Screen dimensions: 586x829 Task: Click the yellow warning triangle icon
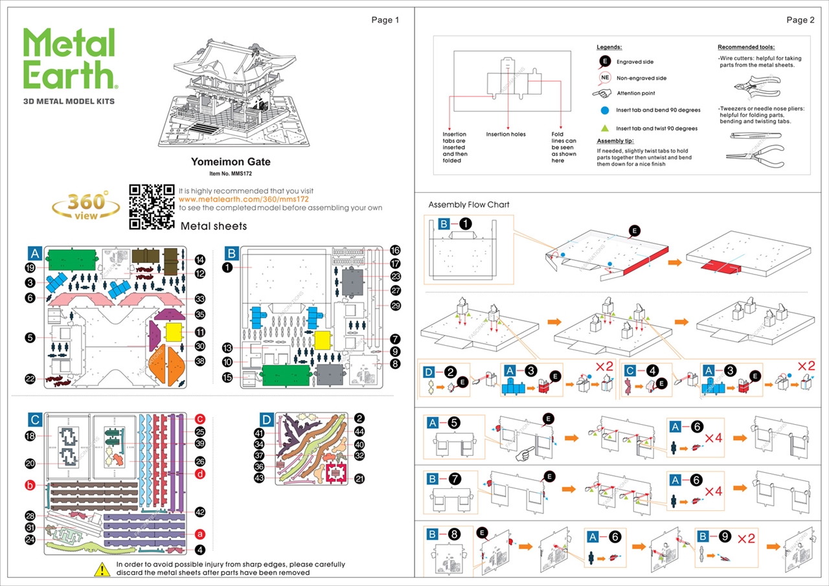pos(102,570)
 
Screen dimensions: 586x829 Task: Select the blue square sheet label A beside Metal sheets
pos(35,253)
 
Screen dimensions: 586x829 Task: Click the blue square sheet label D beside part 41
pos(267,419)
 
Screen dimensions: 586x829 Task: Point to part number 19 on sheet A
pos(30,267)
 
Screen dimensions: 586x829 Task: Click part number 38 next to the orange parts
pos(200,361)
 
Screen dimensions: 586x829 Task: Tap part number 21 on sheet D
pos(359,479)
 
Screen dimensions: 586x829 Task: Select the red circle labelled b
pos(30,485)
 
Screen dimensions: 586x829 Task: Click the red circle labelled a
pos(200,534)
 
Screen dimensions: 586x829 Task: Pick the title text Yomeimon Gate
pos(231,162)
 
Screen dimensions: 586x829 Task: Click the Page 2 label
pos(801,20)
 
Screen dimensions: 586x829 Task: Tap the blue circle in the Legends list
pos(605,110)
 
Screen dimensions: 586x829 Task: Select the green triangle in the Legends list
pos(605,128)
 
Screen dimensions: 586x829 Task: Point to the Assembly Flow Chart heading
pos(469,205)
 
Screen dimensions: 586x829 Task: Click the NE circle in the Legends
pos(605,78)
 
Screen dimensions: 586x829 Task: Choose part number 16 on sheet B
pos(395,250)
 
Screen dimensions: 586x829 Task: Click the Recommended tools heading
pos(745,47)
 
